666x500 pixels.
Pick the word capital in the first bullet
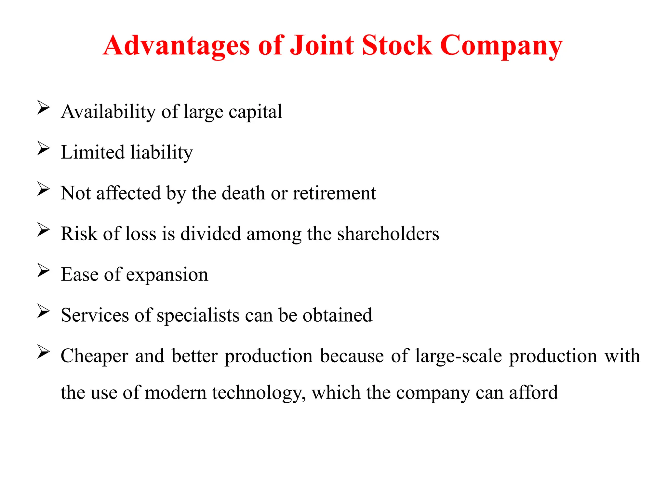[x=255, y=112]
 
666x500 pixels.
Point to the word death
[x=243, y=193]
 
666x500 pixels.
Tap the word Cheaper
[x=94, y=356]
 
